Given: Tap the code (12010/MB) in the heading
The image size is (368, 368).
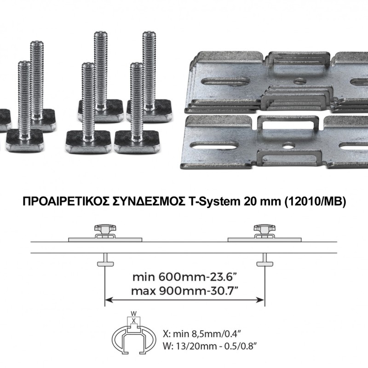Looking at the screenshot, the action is click(315, 201).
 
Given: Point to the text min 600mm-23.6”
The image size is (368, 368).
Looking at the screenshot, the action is click(184, 277).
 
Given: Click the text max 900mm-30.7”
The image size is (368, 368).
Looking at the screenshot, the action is click(183, 291).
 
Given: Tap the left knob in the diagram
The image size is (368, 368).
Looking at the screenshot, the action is click(105, 229).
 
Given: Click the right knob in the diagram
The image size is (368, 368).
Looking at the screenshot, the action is click(265, 229).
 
